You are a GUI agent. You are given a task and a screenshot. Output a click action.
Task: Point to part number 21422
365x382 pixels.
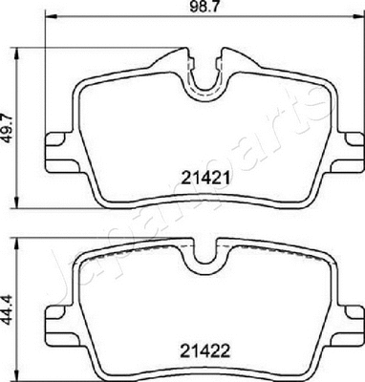pyautogui.click(x=202, y=350)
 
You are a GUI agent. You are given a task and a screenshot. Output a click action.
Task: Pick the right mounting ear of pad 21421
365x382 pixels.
pyautogui.click(x=346, y=143)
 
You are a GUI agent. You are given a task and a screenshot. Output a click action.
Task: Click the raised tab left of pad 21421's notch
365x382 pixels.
pyautogui.click(x=173, y=60)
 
